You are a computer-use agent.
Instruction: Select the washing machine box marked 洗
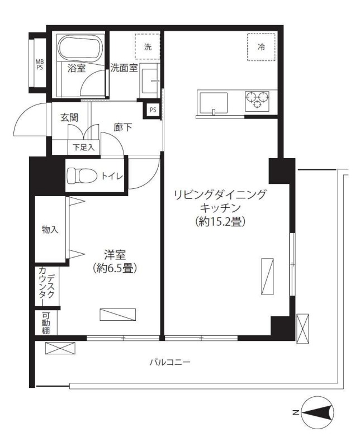[148, 47]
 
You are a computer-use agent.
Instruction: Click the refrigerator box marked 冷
[260, 47]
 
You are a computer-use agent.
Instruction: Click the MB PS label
[39, 64]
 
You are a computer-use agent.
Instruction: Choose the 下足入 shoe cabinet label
[83, 148]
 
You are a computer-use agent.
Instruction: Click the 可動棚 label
[45, 323]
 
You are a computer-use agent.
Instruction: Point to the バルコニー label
[169, 362]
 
